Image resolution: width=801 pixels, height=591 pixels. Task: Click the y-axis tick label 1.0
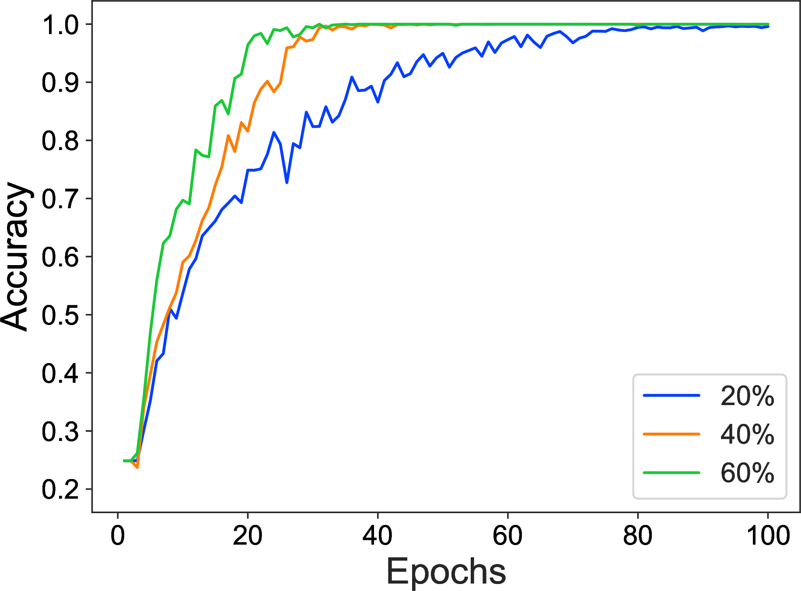pos(60,25)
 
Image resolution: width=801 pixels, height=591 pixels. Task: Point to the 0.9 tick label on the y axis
pos(60,83)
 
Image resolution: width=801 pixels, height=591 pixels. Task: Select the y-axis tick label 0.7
pos(60,199)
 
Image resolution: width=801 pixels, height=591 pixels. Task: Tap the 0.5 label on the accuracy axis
pos(60,315)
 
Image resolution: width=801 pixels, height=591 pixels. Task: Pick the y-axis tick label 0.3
pos(60,431)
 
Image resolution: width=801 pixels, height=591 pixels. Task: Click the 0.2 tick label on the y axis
pos(60,489)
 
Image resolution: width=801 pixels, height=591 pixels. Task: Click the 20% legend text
pos(747,396)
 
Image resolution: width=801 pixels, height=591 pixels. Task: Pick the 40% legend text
pos(747,435)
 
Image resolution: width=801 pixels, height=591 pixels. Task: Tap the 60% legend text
pos(747,473)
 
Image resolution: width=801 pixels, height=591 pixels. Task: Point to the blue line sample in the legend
pos(672,395)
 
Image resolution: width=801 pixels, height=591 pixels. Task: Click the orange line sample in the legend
pos(672,434)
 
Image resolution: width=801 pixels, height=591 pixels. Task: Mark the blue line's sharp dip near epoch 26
pos(287,182)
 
